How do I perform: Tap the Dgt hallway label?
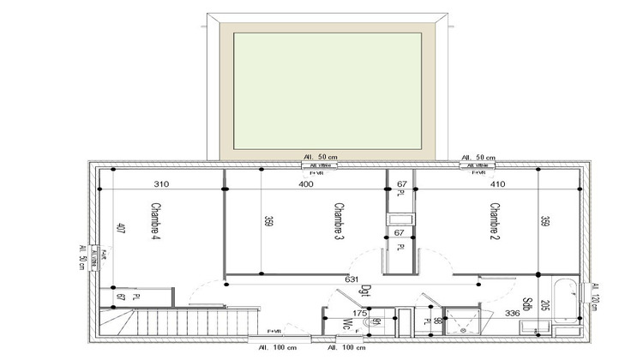pyautogui.click(x=364, y=293)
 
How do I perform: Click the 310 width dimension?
pyautogui.click(x=160, y=184)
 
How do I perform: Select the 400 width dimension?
pyautogui.click(x=304, y=184)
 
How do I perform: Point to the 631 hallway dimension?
pyautogui.click(x=351, y=279)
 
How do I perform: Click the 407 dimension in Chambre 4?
pyautogui.click(x=121, y=229)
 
